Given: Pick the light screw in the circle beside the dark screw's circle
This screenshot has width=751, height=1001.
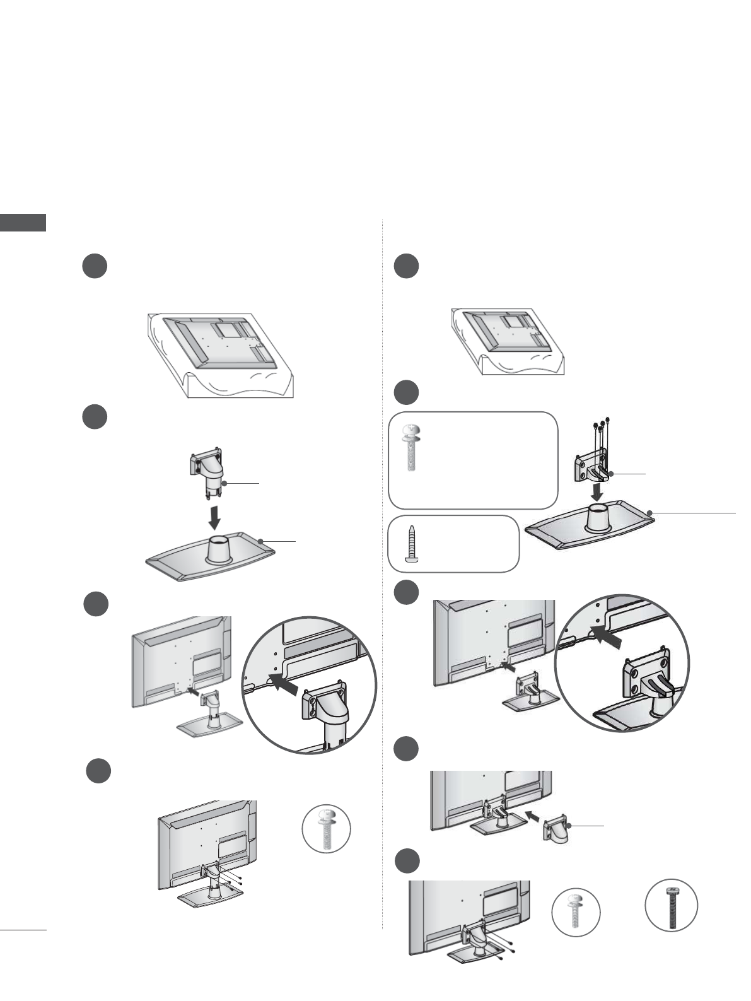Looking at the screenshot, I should point(575,911).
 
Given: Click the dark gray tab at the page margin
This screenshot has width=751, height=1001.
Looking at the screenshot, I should point(23,223).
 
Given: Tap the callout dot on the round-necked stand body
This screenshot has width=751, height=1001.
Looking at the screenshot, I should point(224,484).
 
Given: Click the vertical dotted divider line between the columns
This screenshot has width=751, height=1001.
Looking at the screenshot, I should point(383,568).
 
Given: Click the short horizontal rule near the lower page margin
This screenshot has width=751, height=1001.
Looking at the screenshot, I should point(23,928).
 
